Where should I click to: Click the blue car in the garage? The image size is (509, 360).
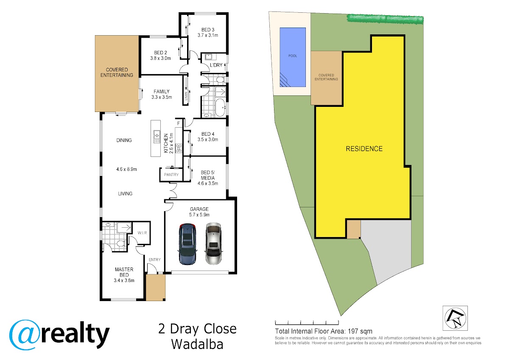coord(187,244)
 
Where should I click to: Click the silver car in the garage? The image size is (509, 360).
coord(214,244)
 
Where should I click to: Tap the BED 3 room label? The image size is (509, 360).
coord(208,30)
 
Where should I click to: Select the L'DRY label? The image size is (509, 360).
coord(216,65)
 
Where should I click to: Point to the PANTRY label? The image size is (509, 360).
coord(171,175)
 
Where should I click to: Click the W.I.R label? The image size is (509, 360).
coord(142,233)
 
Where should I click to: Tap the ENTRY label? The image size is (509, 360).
coord(154,260)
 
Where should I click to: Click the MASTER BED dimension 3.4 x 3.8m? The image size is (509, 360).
coord(124,281)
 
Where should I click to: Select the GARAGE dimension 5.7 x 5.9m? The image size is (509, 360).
coord(199,215)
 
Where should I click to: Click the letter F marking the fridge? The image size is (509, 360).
coord(179,123)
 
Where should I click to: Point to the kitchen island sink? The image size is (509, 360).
coord(157,137)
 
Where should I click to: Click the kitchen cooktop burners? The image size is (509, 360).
coord(179,148)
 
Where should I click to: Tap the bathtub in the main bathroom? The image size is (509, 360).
coord(221,107)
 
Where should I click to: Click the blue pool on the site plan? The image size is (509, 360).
coord(293,57)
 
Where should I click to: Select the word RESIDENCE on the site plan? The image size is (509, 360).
coord(364,149)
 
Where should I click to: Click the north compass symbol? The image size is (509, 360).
coord(455,318)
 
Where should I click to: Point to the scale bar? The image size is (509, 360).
coord(307,323)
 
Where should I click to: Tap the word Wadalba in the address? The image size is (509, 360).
coord(197,344)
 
